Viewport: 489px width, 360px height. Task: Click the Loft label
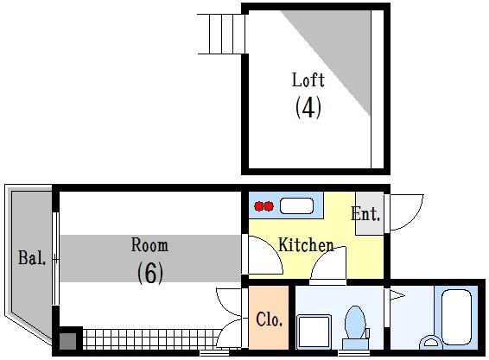[308, 79]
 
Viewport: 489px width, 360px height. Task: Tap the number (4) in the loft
[308, 107]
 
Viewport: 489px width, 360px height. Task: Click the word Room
[149, 244]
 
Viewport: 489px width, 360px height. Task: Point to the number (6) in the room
[150, 273]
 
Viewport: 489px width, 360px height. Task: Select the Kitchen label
[306, 244]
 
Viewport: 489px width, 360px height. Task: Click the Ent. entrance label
[365, 214]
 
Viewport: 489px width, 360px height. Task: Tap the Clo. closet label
[270, 319]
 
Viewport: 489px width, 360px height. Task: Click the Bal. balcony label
[32, 258]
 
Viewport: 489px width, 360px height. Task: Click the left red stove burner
[259, 206]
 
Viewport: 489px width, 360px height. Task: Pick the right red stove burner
[269, 206]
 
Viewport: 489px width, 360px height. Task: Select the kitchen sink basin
[296, 206]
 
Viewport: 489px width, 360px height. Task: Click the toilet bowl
[356, 322]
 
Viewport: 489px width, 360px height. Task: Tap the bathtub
[456, 317]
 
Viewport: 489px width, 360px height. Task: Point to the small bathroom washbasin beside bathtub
[431, 342]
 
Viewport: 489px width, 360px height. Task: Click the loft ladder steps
[221, 34]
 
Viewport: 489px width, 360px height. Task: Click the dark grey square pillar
[68, 341]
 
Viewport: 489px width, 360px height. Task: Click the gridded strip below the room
[151, 339]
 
